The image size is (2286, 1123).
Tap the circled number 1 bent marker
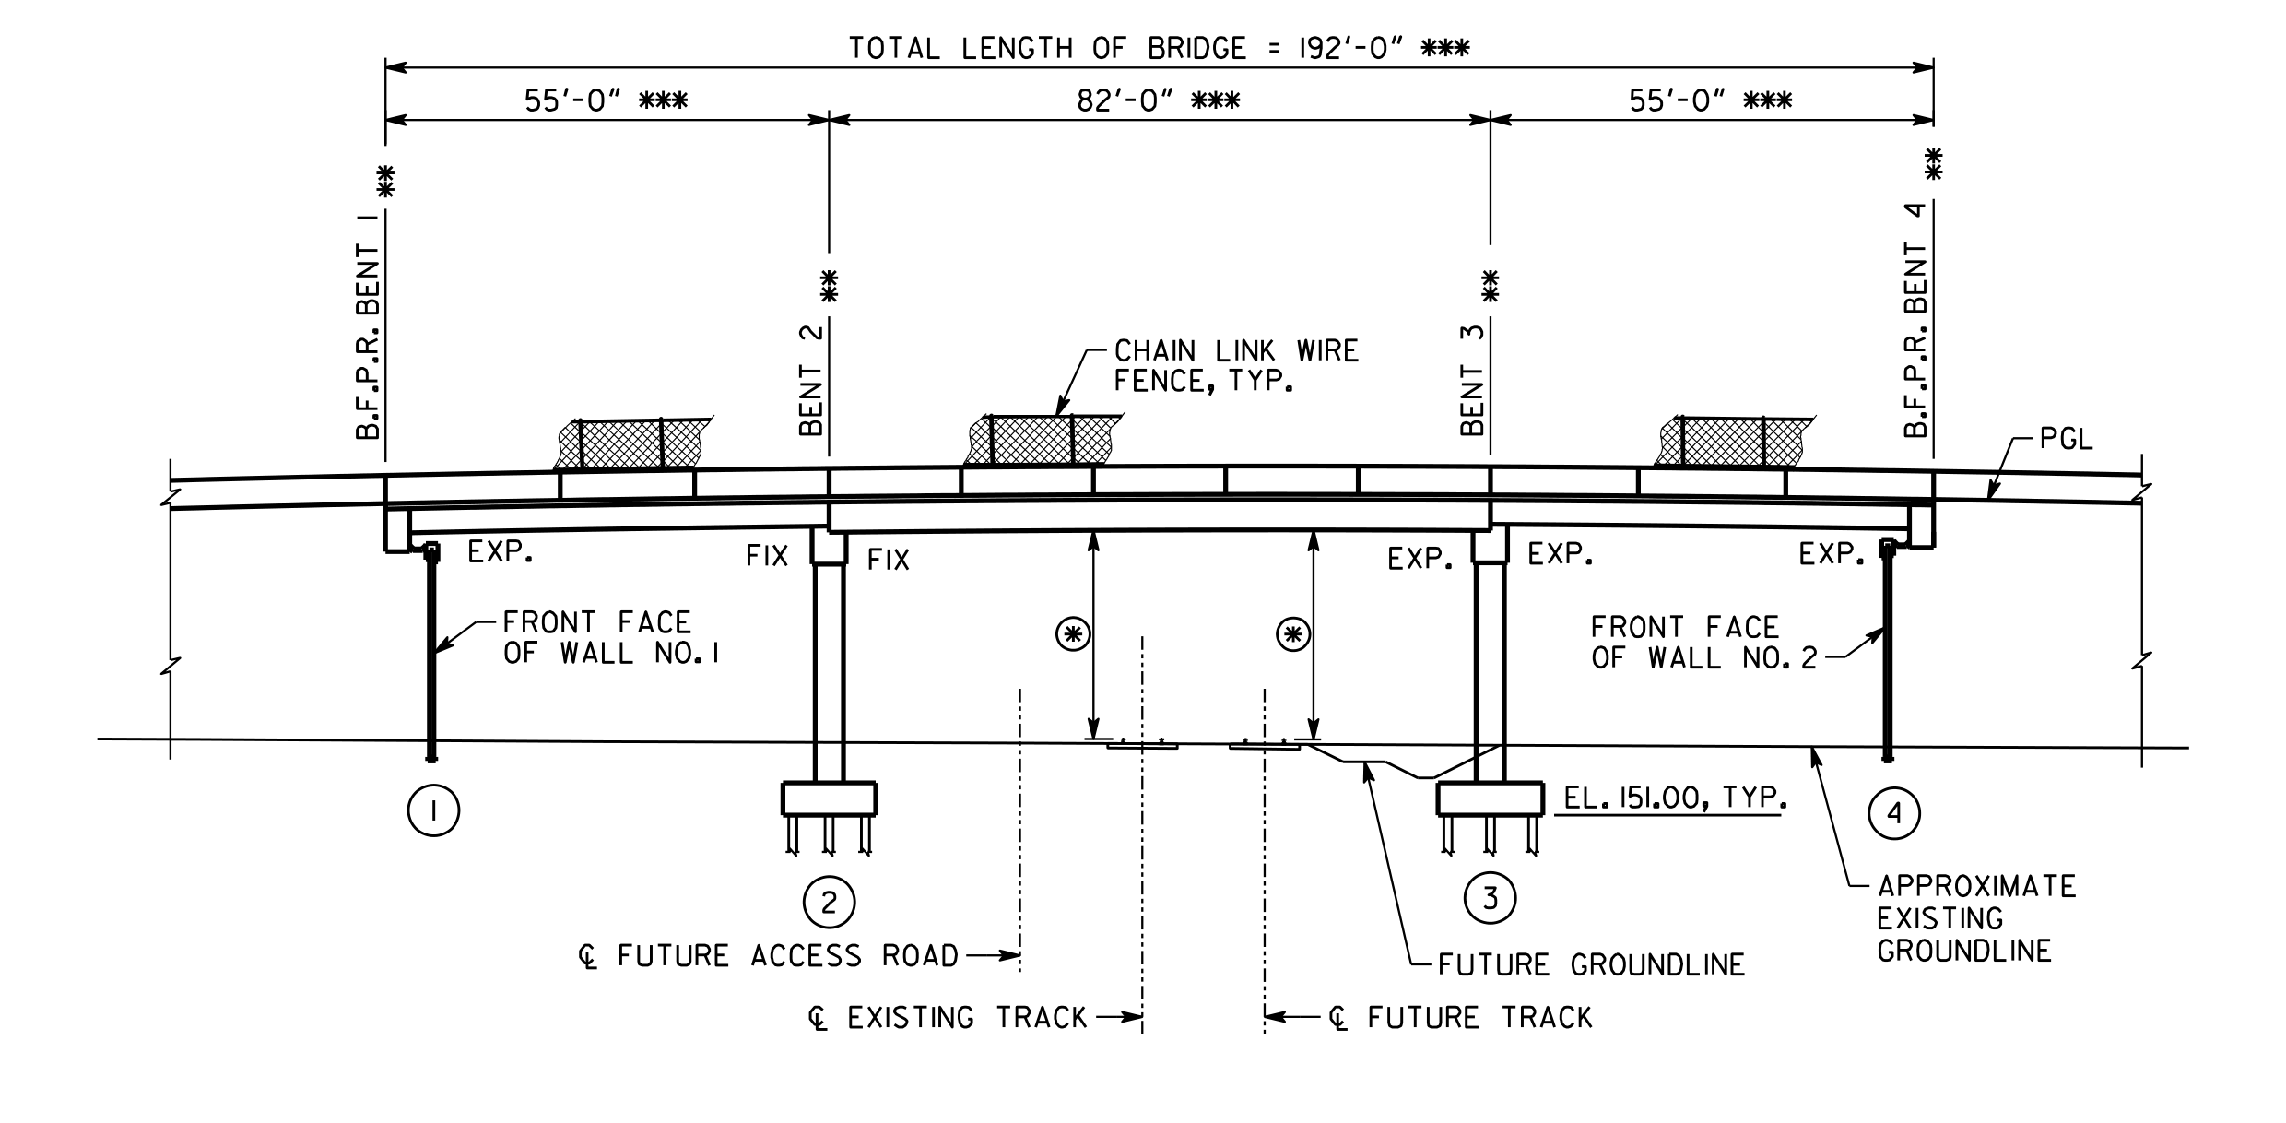(433, 811)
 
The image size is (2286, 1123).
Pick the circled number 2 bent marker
(829, 903)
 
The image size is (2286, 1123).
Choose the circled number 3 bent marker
(1491, 898)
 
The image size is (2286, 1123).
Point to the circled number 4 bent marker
(1894, 813)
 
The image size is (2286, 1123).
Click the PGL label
(2066, 440)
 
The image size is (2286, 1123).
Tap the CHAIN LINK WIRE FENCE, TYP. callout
(1236, 365)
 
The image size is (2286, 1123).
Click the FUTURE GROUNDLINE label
(1592, 964)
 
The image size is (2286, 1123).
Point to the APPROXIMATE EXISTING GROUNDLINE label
(1977, 918)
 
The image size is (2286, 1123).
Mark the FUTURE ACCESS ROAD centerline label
(769, 956)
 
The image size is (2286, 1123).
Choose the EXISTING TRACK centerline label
(948, 1018)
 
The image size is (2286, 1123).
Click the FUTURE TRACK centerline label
(1460, 1018)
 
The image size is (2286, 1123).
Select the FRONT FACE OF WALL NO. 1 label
(611, 638)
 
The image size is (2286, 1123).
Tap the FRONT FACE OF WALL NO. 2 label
(1704, 643)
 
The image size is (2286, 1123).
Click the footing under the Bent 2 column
(829, 798)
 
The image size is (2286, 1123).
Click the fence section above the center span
(1042, 440)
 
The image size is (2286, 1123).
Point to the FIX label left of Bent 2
(767, 556)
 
